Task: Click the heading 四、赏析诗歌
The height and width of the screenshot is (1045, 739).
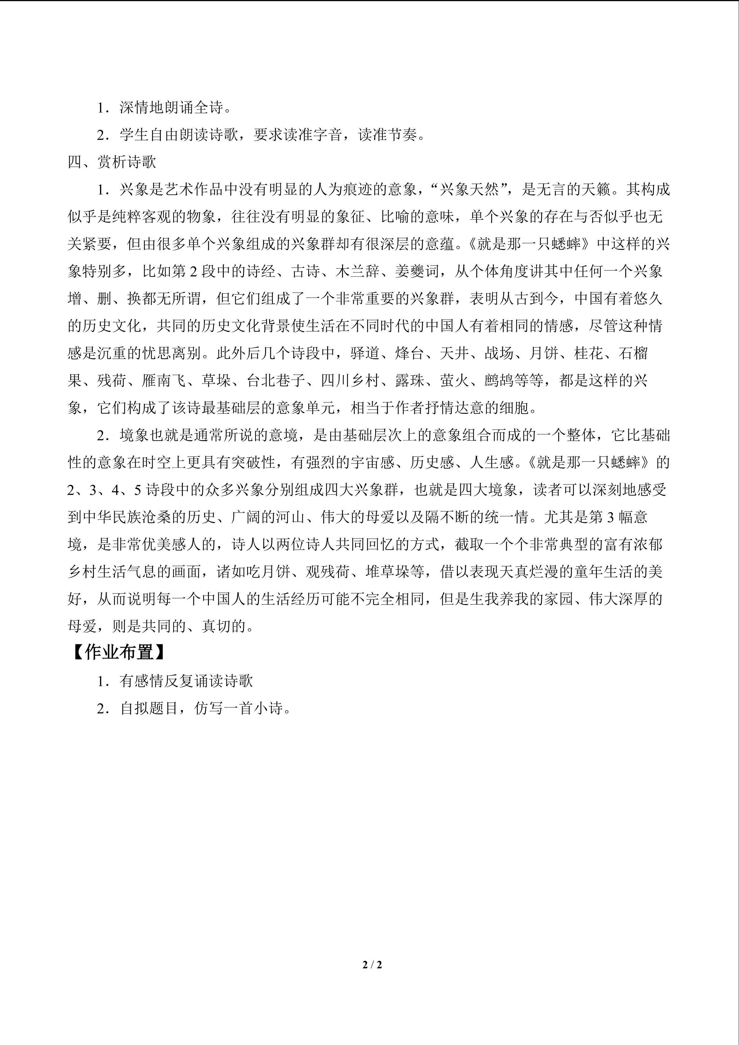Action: point(112,162)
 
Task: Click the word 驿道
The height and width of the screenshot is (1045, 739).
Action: point(365,353)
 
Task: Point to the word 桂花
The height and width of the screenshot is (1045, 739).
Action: point(589,353)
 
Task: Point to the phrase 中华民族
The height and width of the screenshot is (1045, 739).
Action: point(112,517)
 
